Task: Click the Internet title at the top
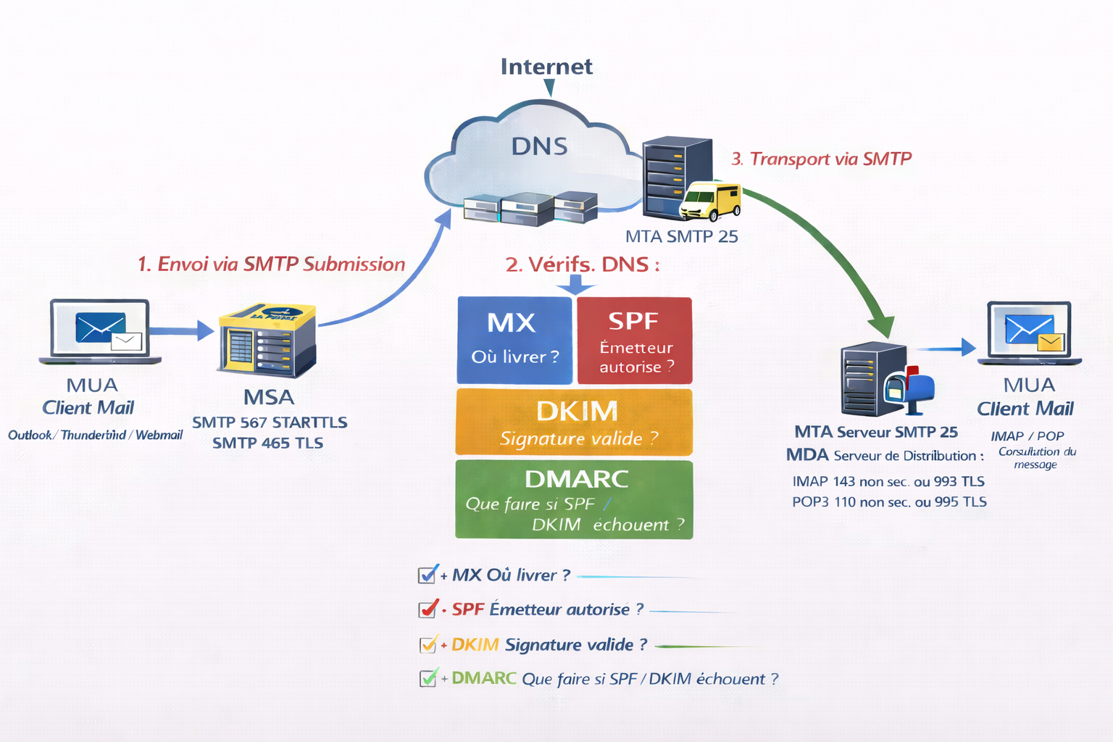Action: (x=546, y=67)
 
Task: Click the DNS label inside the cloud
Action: (x=539, y=146)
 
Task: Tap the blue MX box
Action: (x=514, y=339)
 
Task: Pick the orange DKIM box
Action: (x=574, y=422)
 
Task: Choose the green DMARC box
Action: (x=574, y=499)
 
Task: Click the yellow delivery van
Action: (x=711, y=201)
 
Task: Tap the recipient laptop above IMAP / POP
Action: (x=1029, y=333)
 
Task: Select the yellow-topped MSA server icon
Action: (x=267, y=340)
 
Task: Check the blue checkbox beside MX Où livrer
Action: (x=428, y=575)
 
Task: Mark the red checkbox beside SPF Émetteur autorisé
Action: (x=428, y=609)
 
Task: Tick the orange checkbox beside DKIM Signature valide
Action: (x=428, y=644)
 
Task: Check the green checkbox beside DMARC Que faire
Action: (x=428, y=678)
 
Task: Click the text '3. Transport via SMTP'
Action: (x=821, y=159)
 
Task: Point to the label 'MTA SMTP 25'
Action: (x=681, y=236)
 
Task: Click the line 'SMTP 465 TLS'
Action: (x=267, y=443)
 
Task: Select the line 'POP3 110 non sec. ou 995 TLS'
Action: (x=889, y=501)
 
